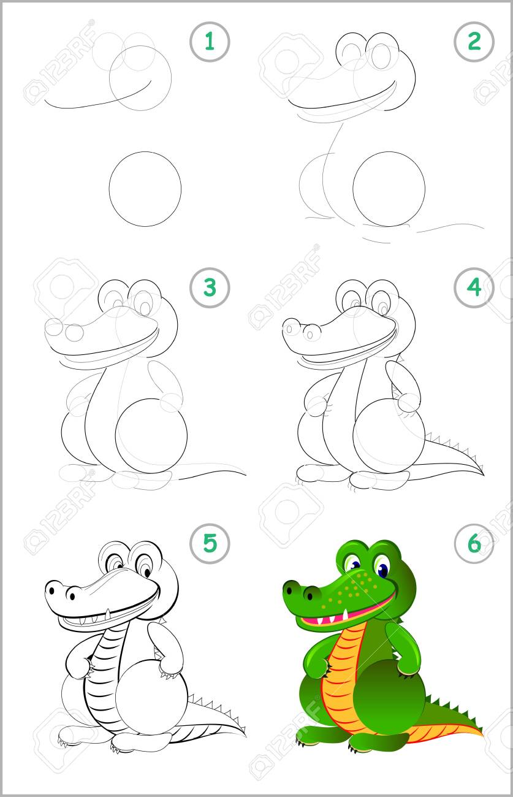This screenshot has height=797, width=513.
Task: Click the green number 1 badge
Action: [210, 42]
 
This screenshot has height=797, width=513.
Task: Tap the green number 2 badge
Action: [474, 42]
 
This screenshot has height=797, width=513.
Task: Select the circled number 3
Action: [210, 288]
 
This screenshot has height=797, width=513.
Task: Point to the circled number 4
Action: [474, 288]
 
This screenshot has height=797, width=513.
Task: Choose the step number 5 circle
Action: [210, 543]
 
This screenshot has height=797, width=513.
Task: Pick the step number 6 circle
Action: [474, 543]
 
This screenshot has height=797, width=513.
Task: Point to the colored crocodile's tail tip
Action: [482, 733]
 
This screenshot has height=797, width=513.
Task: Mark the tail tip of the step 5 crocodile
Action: [245, 733]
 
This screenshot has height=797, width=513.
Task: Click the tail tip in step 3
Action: [246, 475]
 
